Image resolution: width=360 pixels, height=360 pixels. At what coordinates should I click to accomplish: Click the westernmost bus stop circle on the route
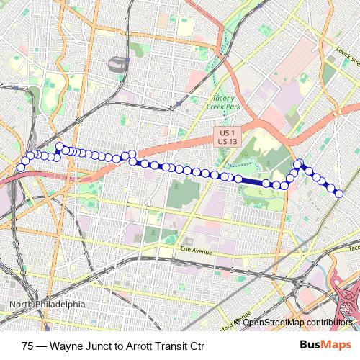[x=21, y=168]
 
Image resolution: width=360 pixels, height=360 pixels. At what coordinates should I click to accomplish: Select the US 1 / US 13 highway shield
[x=228, y=138]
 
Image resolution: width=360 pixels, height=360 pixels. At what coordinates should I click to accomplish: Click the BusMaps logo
[x=325, y=345]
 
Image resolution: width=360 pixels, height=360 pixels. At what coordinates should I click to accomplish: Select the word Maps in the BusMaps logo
[x=336, y=345]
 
